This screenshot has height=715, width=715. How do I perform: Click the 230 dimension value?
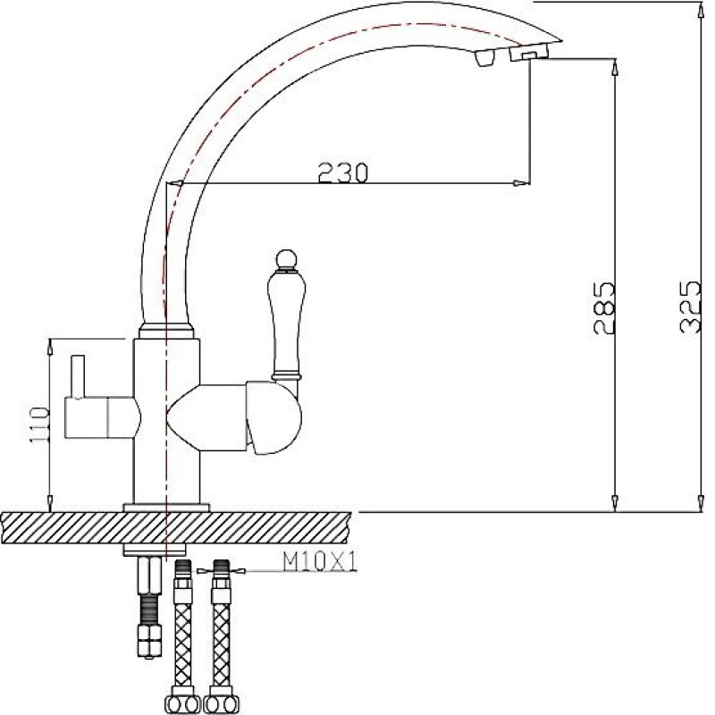[x=342, y=172]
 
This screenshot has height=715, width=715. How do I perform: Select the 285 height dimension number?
[x=605, y=308]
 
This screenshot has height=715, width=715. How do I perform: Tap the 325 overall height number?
[x=689, y=307]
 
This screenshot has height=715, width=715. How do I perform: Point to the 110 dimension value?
[x=39, y=425]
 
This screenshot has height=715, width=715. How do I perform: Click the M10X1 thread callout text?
[x=320, y=563]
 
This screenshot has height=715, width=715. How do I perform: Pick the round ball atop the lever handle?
[x=286, y=259]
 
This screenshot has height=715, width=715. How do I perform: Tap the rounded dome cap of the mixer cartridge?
[x=273, y=418]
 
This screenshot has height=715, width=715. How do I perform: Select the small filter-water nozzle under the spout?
[x=484, y=58]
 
